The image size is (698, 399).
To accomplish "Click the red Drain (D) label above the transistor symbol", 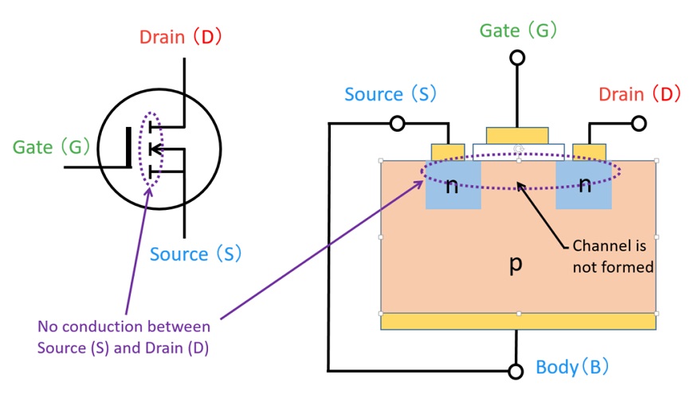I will [180, 37].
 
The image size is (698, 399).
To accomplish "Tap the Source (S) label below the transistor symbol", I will [195, 255].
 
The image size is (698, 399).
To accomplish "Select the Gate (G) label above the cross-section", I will [518, 30].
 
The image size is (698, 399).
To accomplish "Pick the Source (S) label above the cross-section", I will [390, 94].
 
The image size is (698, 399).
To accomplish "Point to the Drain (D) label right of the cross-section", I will [640, 94].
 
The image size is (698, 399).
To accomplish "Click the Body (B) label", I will [572, 368].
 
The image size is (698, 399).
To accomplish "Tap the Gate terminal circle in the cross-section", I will [517, 57].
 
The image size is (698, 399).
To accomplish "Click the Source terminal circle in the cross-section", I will [397, 123].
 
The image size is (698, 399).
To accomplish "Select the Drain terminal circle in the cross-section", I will [639, 123].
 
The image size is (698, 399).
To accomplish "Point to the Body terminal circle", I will [516, 371].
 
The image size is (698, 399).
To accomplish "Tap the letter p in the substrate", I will [516, 264].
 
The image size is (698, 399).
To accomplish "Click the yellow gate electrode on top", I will [517, 135].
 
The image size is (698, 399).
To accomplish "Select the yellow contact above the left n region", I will [448, 152].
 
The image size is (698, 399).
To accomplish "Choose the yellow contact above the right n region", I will [589, 152].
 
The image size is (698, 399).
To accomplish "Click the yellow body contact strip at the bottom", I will [518, 322].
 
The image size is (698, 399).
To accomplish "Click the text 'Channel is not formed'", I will [613, 256].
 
